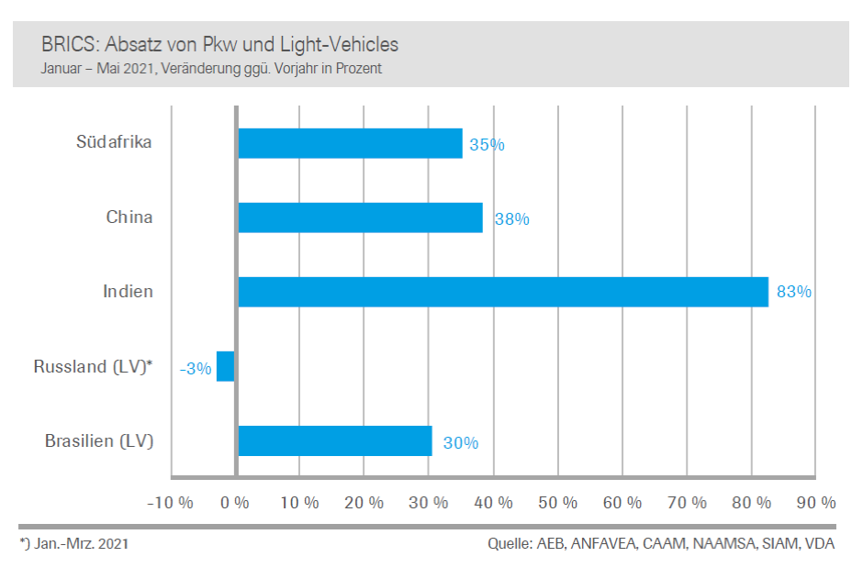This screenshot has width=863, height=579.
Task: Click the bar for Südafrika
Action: point(350,143)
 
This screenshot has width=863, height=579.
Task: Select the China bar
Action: point(360,217)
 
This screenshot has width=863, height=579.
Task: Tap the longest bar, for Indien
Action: point(503,292)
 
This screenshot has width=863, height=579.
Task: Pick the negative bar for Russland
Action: point(226,366)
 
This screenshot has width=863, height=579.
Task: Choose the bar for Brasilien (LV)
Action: point(335,440)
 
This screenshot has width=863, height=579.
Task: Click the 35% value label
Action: point(487,145)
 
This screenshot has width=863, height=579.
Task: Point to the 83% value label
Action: point(794,292)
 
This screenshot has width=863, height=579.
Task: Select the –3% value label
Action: point(196,369)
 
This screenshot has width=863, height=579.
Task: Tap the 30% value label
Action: point(461,442)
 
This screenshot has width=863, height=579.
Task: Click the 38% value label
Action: point(511,219)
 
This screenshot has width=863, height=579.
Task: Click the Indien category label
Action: point(128,292)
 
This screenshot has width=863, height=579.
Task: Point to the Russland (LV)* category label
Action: point(93,367)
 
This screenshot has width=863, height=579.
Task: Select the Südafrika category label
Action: point(115,142)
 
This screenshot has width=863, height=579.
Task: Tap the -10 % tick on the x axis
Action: point(171,503)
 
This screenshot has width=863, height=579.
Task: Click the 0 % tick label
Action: point(236,503)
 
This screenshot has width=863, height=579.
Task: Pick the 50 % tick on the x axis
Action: point(558,503)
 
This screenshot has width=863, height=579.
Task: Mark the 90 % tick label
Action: point(816,503)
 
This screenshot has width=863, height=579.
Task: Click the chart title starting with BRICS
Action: point(219,44)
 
